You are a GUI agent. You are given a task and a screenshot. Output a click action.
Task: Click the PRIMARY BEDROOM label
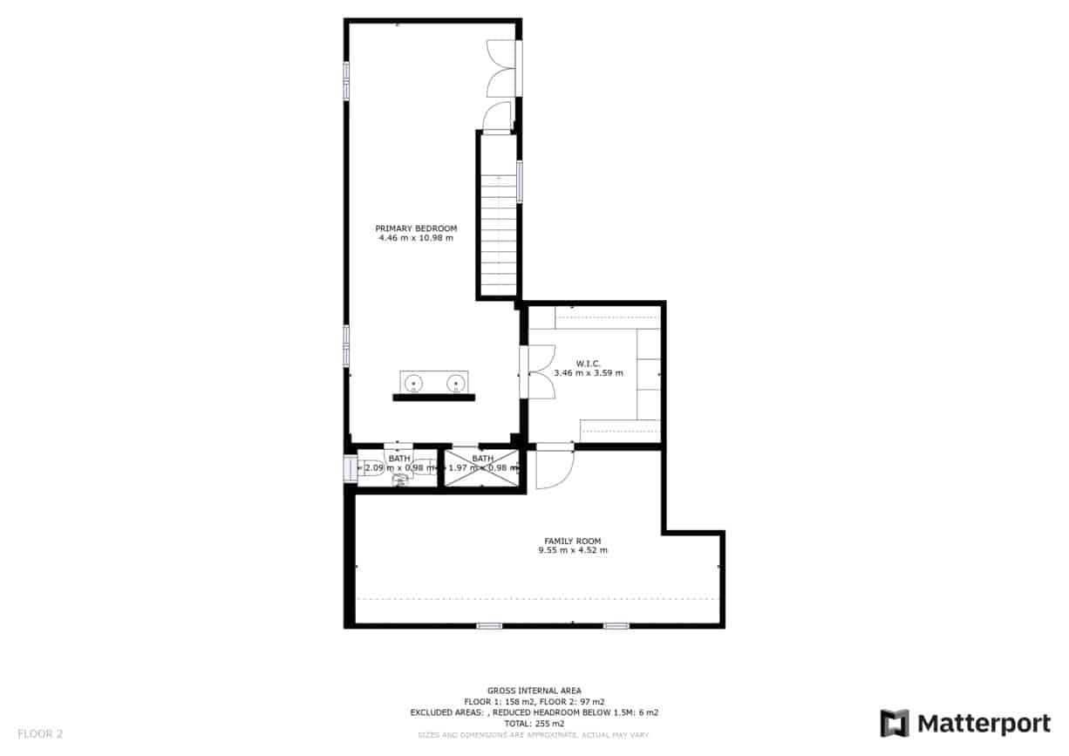tap(416, 228)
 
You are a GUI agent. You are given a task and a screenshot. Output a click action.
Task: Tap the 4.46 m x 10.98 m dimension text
tap(416, 238)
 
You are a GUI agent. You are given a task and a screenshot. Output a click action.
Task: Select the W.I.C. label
tap(588, 364)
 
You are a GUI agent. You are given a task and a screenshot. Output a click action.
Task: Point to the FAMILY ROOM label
tap(573, 541)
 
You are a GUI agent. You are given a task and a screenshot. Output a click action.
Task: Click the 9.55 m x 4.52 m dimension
tap(573, 550)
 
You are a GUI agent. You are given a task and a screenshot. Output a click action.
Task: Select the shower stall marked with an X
tap(481, 468)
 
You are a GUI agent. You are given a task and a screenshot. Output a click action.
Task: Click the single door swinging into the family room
tap(552, 468)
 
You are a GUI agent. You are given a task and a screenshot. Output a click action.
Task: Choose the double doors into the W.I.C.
tap(540, 372)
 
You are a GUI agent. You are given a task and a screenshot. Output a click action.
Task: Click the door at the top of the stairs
tap(498, 117)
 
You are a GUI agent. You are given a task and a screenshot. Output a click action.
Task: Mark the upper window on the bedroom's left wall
tap(346, 81)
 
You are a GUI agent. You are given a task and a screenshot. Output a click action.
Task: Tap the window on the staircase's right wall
tap(520, 181)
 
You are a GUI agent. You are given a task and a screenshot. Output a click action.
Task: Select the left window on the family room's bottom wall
tap(489, 625)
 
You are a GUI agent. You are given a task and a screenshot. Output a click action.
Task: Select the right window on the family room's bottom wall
tap(616, 625)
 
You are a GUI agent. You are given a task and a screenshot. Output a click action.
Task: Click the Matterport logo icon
tap(895, 724)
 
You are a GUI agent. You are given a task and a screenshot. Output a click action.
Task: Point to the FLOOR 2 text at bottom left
tap(40, 734)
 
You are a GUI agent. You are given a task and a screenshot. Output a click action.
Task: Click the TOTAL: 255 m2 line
tap(534, 724)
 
